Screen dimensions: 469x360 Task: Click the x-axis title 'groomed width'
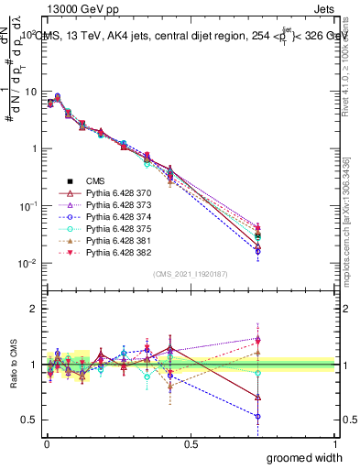pos(305,457)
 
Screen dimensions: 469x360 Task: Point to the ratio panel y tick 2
pos(35,309)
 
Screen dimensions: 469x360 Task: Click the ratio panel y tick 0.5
pos(31,420)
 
